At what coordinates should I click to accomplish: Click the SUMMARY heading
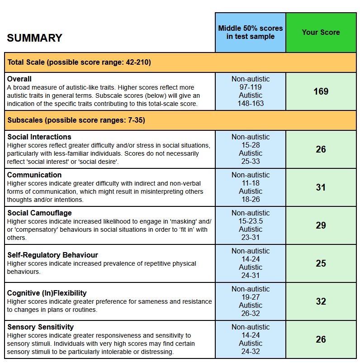coord(34,38)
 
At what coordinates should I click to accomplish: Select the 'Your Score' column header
coord(321,32)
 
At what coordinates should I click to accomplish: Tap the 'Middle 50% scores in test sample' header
coord(251,32)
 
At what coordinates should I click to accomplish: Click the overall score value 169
coord(321,91)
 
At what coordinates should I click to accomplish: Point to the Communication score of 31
coord(321,187)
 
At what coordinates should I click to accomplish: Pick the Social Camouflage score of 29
coord(321,225)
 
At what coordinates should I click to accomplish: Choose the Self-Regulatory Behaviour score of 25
coord(321,263)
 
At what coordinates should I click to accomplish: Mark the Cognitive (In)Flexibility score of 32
coord(321,301)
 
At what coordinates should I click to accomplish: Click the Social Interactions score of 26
coord(321,149)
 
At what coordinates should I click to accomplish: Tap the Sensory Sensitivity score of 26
coord(321,339)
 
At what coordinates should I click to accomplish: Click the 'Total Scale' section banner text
coord(79,62)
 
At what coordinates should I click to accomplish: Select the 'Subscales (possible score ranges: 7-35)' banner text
coord(76,120)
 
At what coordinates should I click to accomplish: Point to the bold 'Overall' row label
coord(19,79)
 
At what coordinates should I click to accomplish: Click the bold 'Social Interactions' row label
coord(39,137)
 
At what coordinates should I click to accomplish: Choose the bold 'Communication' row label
coord(34,175)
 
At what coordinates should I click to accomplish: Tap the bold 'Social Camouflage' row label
coord(39,213)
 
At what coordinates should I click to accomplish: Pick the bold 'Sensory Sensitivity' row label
coord(40,327)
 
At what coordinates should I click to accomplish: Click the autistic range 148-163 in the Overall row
coord(251,104)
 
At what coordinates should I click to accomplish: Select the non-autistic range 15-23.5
coord(251,221)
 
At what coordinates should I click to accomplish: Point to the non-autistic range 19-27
coord(251,297)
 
